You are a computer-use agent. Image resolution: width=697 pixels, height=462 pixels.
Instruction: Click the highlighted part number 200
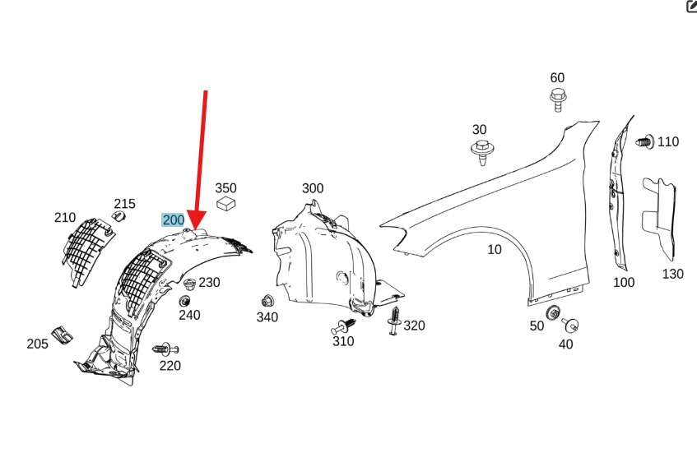click(x=174, y=220)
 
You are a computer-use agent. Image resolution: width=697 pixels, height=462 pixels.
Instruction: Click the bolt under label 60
click(x=557, y=99)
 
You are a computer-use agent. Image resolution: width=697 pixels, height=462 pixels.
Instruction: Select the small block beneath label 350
click(x=225, y=204)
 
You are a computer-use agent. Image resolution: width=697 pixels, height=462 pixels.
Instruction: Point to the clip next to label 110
click(x=645, y=141)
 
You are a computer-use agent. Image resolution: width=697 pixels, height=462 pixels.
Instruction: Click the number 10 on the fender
click(x=494, y=250)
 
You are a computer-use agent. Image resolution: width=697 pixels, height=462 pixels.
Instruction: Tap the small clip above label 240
click(x=189, y=285)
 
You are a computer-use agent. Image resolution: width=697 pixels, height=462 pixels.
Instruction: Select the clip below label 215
click(x=117, y=216)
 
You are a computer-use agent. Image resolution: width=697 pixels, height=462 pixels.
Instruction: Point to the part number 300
click(x=313, y=188)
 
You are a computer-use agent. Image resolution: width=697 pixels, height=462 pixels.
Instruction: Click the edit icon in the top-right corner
click(x=691, y=7)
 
